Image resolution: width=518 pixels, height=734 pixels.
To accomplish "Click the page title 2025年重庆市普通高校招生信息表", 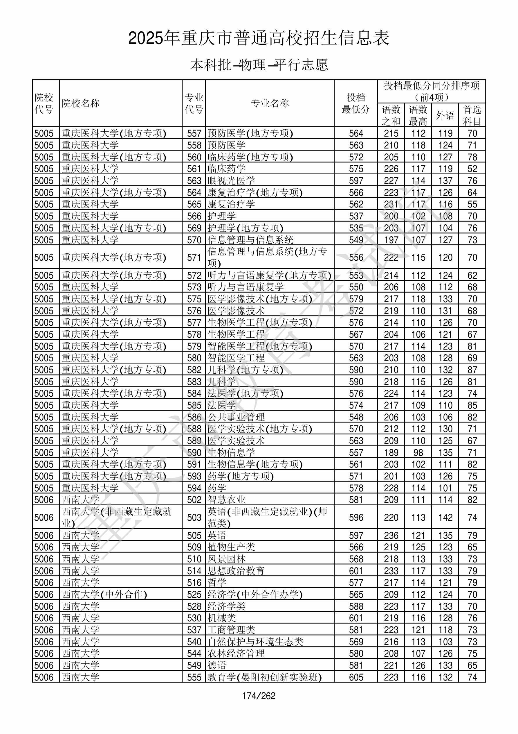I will click(x=259, y=38).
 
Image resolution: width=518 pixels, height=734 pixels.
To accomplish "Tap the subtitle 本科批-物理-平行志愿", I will click(x=259, y=65).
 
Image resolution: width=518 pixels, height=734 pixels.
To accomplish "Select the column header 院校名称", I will click(x=81, y=103).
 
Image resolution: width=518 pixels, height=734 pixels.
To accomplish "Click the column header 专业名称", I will click(x=270, y=103).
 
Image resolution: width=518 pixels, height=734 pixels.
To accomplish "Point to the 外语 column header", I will click(x=445, y=115).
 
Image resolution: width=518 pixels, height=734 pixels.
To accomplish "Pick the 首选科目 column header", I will click(x=472, y=115).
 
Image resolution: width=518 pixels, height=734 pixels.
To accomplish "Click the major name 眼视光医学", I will click(x=231, y=181).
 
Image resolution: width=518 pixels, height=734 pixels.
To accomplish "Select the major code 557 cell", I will click(x=194, y=133).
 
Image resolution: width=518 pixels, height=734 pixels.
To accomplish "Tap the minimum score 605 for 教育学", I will click(x=356, y=677).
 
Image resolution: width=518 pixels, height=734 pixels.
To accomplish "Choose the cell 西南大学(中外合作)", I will click(x=104, y=594).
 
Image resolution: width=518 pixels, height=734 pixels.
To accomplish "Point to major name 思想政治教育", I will click(x=236, y=571).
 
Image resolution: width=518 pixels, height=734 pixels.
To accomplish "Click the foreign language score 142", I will click(x=445, y=518).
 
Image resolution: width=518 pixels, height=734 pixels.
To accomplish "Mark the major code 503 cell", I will click(x=194, y=518).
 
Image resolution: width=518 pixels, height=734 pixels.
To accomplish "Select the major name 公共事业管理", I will click(x=236, y=417).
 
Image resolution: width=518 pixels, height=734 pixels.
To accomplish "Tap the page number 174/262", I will click(x=259, y=696).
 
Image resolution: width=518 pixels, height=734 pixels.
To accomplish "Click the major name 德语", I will click(x=217, y=665).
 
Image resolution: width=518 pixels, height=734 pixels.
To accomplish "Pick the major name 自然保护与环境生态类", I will click(x=255, y=642).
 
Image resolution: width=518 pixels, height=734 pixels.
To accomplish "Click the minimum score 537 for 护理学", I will click(x=356, y=216).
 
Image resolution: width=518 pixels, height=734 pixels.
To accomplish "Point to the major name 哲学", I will click(x=217, y=583).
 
